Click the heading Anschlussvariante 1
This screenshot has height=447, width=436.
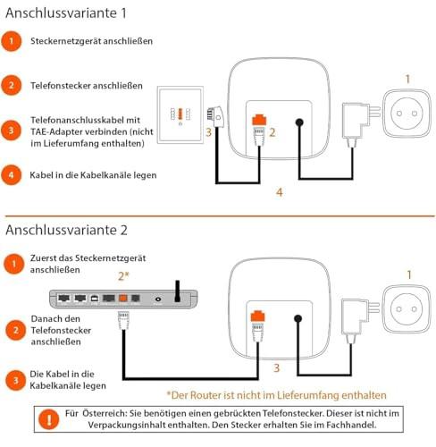point(66,13)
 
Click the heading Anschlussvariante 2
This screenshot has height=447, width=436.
point(66,230)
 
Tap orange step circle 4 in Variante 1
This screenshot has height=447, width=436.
point(12,175)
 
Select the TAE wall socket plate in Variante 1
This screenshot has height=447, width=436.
point(180,114)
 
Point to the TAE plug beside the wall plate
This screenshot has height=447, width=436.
point(215,116)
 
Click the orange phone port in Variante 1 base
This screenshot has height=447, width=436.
point(259,119)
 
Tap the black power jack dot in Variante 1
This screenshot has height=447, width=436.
point(299,122)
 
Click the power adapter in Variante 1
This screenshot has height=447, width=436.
point(359,122)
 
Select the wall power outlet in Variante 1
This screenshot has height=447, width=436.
point(407,114)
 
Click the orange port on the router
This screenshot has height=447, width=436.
point(123,298)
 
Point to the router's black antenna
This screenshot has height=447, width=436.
point(178,291)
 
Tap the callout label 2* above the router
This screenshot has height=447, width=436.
point(123,276)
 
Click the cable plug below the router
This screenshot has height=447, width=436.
point(123,320)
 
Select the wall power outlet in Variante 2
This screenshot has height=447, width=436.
point(407,309)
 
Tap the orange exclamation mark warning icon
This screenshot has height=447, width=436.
point(49,419)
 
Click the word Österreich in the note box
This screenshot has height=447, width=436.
point(104,413)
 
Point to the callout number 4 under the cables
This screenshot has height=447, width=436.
point(279,192)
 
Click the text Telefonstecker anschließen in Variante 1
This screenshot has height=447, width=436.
point(87,86)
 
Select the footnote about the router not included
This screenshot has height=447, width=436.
point(276,395)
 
